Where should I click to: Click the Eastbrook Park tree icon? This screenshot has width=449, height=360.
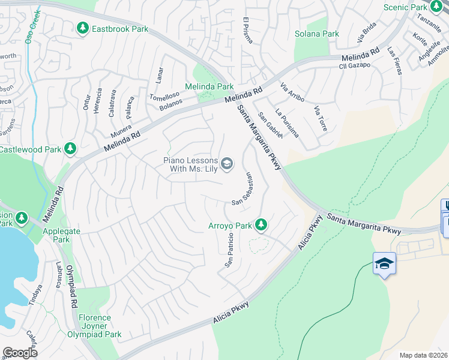coord(83,28)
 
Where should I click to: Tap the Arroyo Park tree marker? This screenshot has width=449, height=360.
coord(261,225)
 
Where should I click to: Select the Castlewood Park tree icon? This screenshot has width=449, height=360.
coord(71,148)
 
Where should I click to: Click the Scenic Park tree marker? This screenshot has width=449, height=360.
coord(436,7)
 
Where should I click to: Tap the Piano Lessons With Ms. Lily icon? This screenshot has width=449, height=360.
coord(227,164)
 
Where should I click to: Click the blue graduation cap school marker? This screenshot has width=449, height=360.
coord(384,263)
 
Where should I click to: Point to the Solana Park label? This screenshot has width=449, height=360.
coord(316,34)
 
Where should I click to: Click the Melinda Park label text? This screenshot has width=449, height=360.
coord(209,87)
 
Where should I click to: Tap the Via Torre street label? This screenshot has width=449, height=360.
coord(321,118)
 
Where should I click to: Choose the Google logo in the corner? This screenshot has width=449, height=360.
coord(20,352)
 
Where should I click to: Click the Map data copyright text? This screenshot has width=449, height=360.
coord(423,355)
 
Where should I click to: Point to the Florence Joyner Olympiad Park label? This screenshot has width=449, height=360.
coord(94,326)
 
